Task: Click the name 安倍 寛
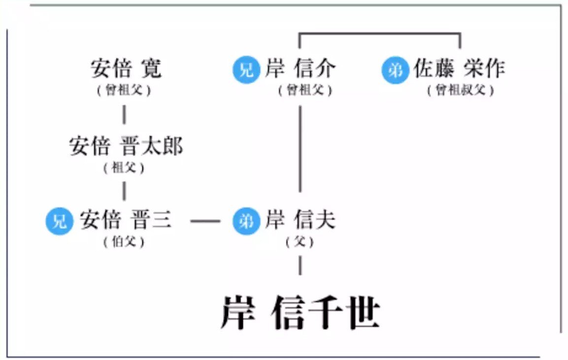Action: click(x=126, y=69)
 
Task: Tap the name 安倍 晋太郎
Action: click(x=126, y=146)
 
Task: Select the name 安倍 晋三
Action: click(x=126, y=221)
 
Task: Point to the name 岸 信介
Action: click(x=300, y=69)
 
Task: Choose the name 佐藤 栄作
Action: click(x=459, y=69)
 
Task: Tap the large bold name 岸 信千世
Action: click(x=300, y=312)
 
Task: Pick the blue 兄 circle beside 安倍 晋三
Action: click(x=59, y=221)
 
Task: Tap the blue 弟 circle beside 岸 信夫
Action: click(x=246, y=221)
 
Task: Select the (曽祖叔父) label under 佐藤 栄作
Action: click(x=460, y=91)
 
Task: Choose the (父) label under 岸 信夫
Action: click(x=300, y=242)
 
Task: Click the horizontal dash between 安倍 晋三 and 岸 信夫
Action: click(x=205, y=221)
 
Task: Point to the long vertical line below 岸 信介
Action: click(x=300, y=148)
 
